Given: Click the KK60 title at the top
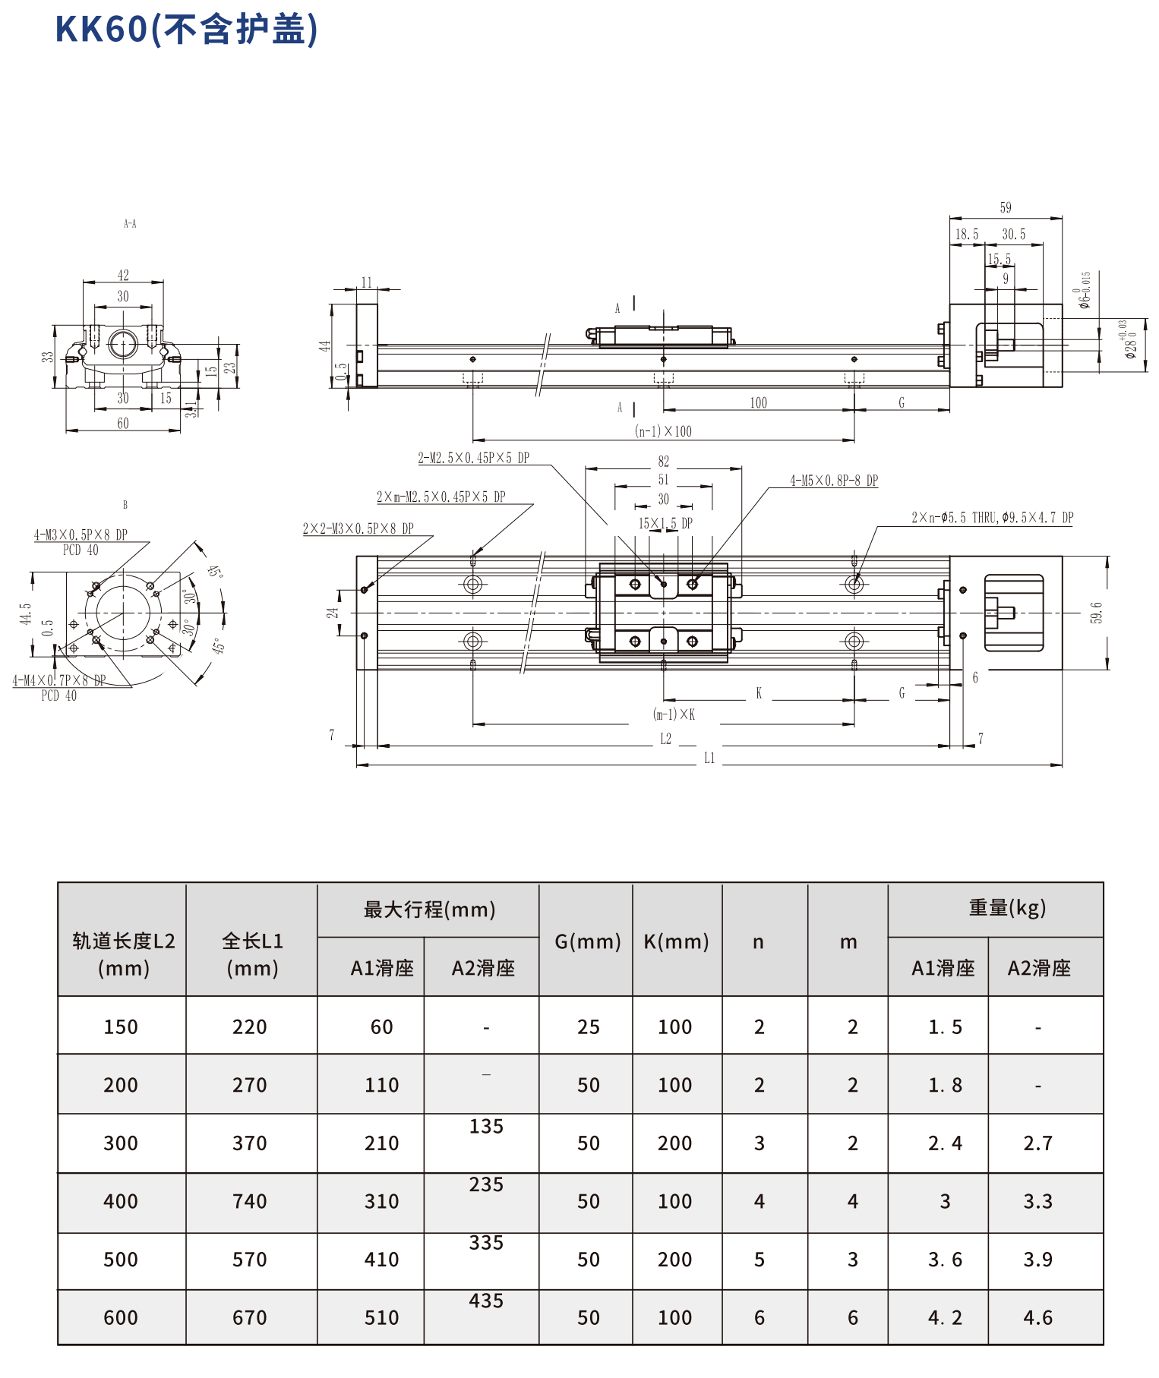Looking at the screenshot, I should pyautogui.click(x=186, y=30).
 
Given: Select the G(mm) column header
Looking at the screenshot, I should pyautogui.click(x=587, y=941).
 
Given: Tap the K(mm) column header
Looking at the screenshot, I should pyautogui.click(x=676, y=941).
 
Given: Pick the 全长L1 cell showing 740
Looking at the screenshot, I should pyautogui.click(x=250, y=1201).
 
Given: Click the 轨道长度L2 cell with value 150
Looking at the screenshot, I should pyautogui.click(x=121, y=1026).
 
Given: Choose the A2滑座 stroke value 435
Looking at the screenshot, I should pyautogui.click(x=486, y=1301).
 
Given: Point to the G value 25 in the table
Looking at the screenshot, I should pyautogui.click(x=589, y=1026).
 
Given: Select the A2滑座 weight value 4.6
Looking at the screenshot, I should pyautogui.click(x=1037, y=1317).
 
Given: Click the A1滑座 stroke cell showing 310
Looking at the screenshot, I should pyautogui.click(x=381, y=1201).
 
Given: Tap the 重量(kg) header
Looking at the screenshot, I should pyautogui.click(x=1007, y=907).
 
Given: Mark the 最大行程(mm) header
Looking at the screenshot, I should pyautogui.click(x=429, y=909).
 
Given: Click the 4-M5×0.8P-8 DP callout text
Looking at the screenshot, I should pyautogui.click(x=834, y=481).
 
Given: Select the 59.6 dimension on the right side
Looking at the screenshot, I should pyautogui.click(x=1096, y=613).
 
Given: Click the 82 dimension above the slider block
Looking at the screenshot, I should pyautogui.click(x=664, y=462).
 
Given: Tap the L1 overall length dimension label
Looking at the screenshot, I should pyautogui.click(x=709, y=758).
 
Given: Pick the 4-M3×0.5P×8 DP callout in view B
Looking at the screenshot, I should pyautogui.click(x=81, y=535).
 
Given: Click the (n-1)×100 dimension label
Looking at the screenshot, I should pyautogui.click(x=663, y=431).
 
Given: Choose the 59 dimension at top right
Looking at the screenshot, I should pyautogui.click(x=1006, y=208).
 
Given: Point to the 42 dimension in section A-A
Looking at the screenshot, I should pyautogui.click(x=123, y=275).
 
